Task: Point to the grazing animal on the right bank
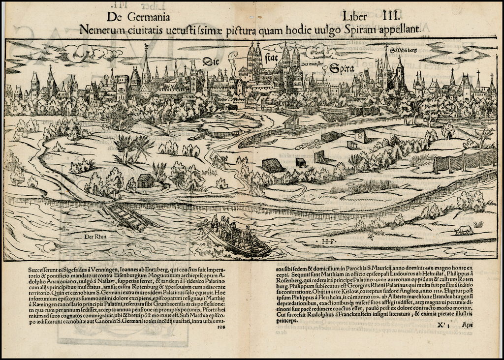tap(464, 230)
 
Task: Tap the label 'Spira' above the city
tap(342, 69)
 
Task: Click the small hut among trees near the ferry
tap(145, 181)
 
